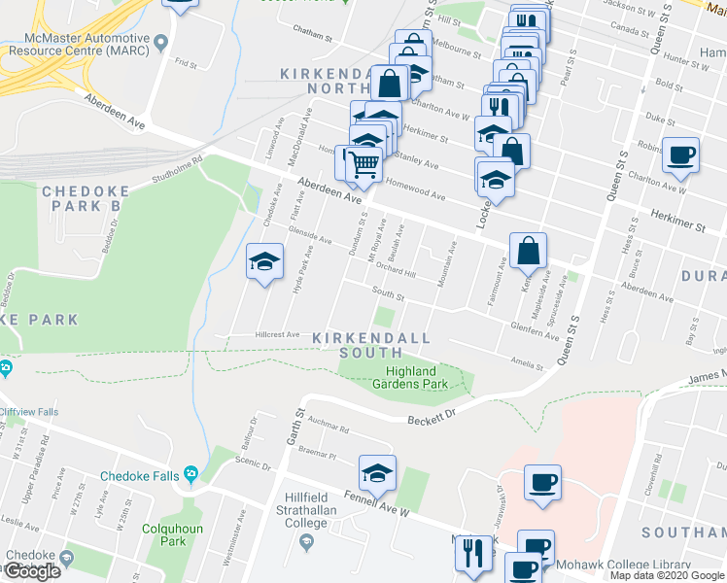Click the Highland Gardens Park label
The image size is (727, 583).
coord(410,377)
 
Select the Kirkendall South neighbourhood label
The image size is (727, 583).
coord(371,337)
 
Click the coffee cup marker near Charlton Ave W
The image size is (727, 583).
coord(680,154)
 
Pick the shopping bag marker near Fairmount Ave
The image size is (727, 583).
coord(528,250)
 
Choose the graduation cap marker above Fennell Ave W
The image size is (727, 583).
coord(377,473)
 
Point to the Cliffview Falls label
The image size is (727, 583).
coord(29,412)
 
